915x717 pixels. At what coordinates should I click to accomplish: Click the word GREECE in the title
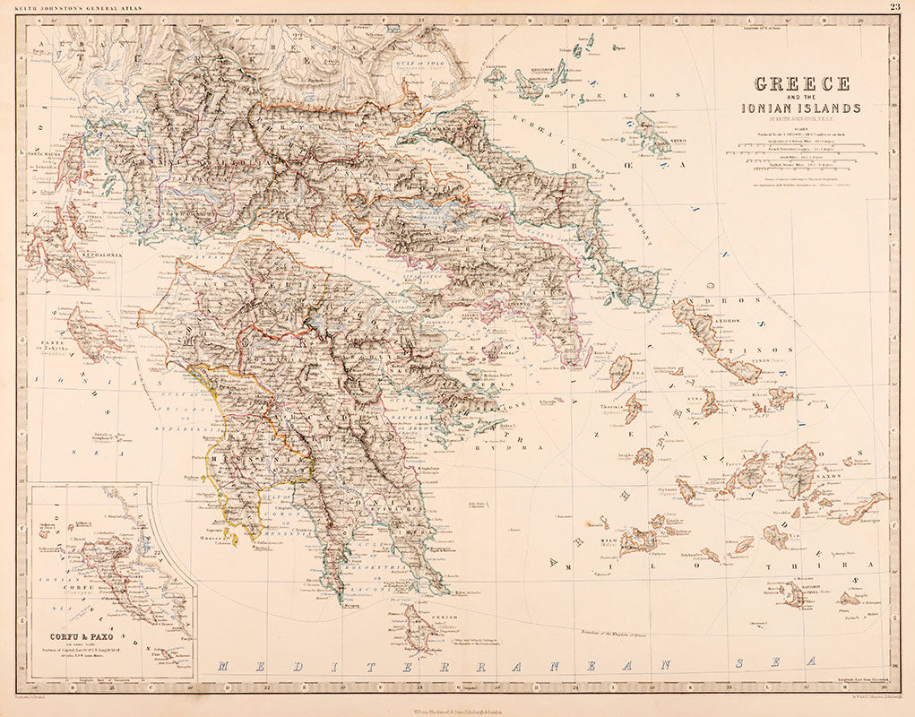(802, 84)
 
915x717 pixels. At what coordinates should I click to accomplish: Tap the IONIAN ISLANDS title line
(801, 108)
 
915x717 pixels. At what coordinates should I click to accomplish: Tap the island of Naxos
(797, 472)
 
